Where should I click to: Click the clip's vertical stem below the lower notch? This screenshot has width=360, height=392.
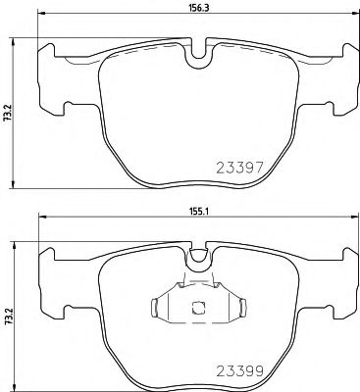click(x=196, y=279)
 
